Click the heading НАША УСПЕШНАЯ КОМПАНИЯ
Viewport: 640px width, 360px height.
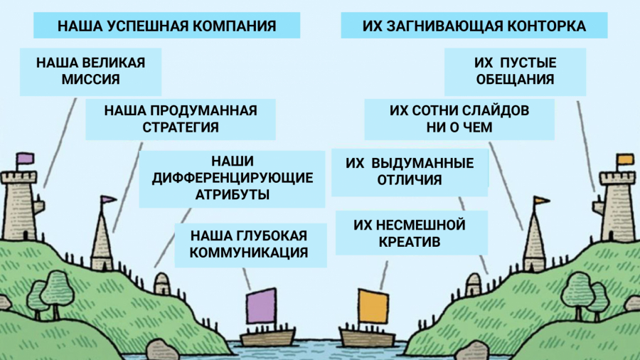click(166, 26)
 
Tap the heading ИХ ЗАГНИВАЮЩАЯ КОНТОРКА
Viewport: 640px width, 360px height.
click(474, 26)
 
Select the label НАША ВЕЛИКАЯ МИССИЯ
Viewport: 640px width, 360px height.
click(90, 71)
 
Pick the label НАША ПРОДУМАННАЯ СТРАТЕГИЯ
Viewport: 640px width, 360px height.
click(180, 119)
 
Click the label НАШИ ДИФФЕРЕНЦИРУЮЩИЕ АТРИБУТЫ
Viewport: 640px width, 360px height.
click(233, 177)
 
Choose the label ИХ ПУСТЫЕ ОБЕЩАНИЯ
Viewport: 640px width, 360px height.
click(515, 71)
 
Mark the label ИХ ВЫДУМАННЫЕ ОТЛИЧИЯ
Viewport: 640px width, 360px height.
click(410, 171)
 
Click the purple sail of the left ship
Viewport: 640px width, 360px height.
click(260, 307)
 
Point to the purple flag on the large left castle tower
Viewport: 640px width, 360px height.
click(26, 157)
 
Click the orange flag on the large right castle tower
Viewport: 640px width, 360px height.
click(625, 159)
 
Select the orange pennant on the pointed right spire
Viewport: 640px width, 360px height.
click(542, 201)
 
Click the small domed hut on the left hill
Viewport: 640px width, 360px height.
click(162, 283)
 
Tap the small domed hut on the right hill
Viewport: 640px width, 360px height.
click(474, 283)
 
